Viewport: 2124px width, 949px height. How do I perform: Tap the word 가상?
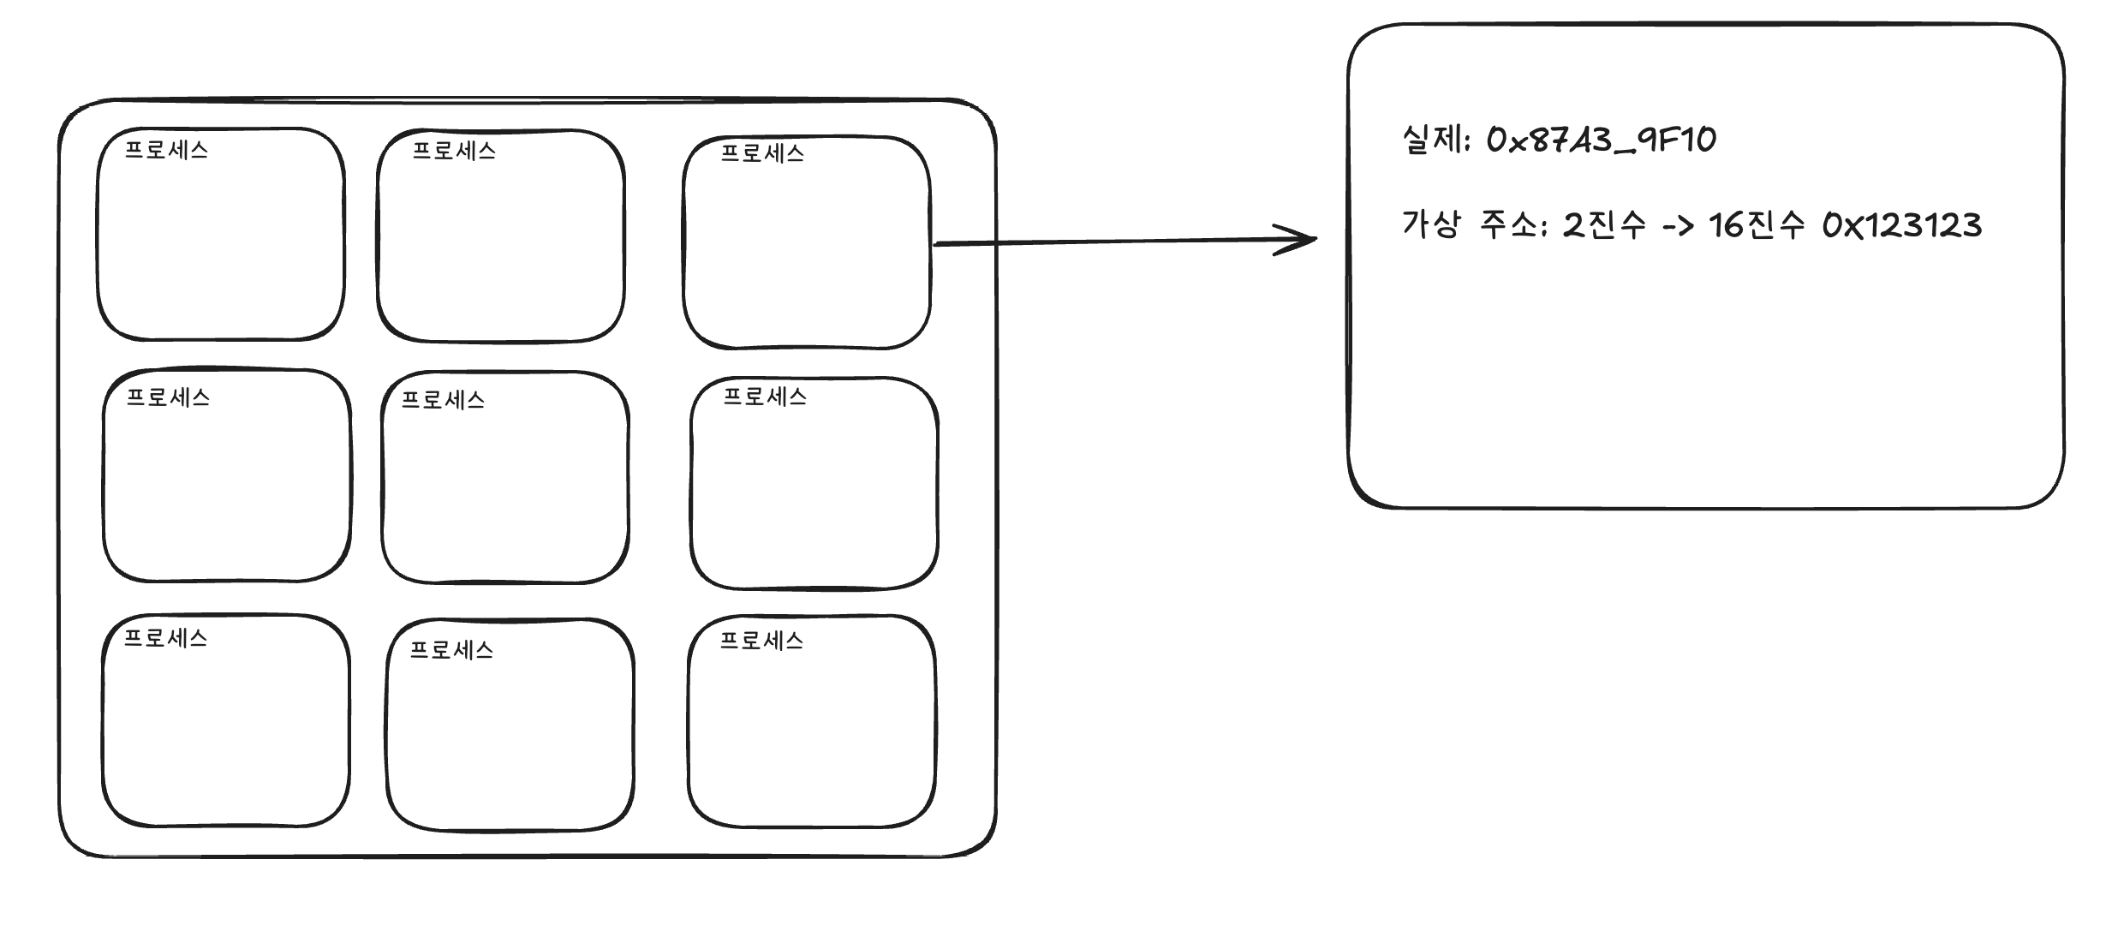[x=1431, y=224]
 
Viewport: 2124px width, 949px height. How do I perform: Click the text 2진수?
[x=1604, y=225]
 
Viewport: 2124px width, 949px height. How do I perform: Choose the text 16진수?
[x=1756, y=225]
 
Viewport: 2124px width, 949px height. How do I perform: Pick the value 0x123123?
[x=1901, y=225]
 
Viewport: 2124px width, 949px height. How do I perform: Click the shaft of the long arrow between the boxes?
[x=1113, y=242]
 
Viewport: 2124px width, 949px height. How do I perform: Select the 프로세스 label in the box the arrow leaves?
[x=762, y=153]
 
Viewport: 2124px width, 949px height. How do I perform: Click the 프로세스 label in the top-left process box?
[x=166, y=150]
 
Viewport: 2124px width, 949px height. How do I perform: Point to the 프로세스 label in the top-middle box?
[x=454, y=151]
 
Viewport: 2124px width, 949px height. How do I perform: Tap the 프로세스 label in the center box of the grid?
[x=443, y=400]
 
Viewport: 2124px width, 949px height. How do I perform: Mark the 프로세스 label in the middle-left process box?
[x=168, y=397]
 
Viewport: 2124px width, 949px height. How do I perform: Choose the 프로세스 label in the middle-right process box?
[x=765, y=397]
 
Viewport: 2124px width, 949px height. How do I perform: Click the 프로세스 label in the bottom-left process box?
[x=165, y=638]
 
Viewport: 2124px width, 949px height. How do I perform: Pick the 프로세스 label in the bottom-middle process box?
[x=451, y=650]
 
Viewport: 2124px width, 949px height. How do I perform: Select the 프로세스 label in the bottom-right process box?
[x=761, y=641]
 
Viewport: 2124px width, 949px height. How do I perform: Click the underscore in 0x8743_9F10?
[x=1626, y=152]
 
